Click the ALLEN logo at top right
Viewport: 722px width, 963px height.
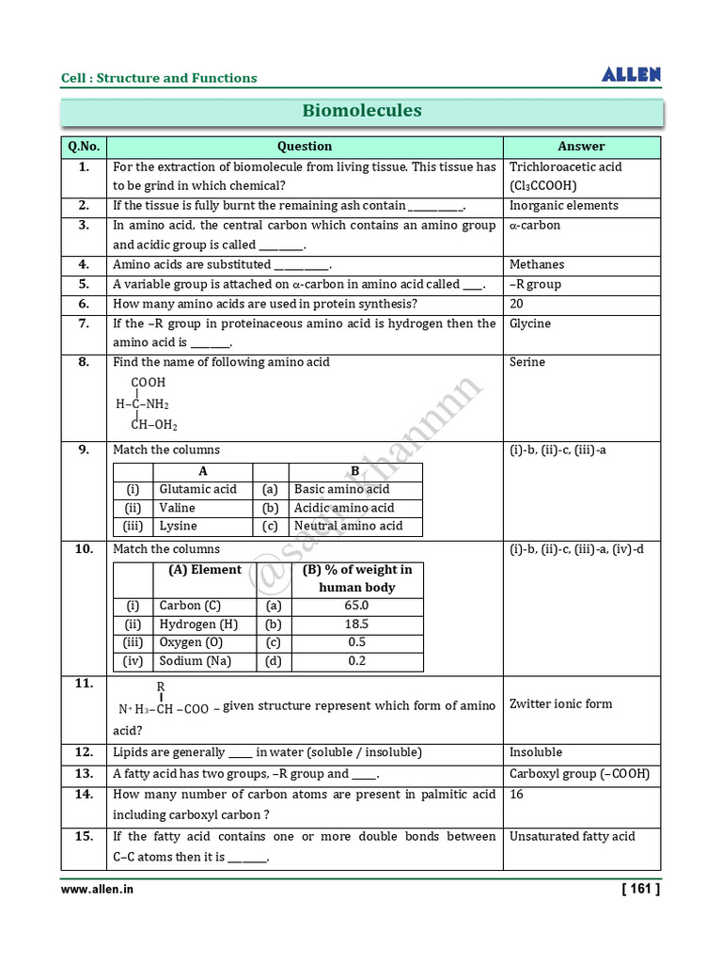631,75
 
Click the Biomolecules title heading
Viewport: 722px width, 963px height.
362,111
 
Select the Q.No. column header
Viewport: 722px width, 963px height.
84,147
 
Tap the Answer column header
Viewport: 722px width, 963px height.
581,147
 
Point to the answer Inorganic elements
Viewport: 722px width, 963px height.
563,206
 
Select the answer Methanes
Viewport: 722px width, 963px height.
537,265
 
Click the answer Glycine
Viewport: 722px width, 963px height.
530,324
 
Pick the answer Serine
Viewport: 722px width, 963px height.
527,362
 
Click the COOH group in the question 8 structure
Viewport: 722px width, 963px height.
148,383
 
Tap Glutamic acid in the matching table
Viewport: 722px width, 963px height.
197,489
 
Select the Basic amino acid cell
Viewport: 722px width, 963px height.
341,489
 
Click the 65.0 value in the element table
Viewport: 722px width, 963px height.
356,606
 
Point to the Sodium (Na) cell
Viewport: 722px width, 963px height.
194,661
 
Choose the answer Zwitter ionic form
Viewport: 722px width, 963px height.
560,704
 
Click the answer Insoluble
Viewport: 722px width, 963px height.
536,752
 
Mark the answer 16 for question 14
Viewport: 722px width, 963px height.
517,795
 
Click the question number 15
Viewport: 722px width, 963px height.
84,836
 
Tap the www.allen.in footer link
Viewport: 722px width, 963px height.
98,889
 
